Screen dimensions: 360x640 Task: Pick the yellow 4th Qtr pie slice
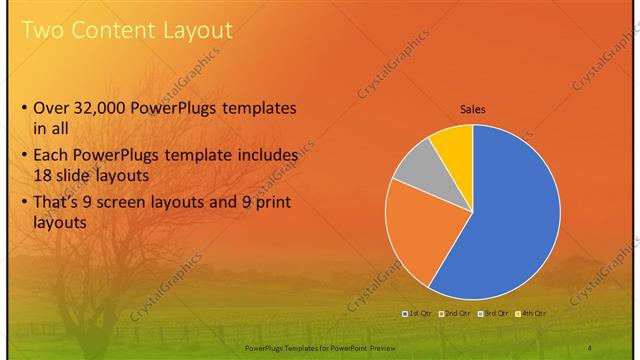455,145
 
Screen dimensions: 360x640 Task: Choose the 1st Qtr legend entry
416,313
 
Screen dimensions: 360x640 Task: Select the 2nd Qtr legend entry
455,313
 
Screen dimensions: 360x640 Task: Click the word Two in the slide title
42,31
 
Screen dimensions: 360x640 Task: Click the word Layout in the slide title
198,31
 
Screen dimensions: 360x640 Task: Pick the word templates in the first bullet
259,108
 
